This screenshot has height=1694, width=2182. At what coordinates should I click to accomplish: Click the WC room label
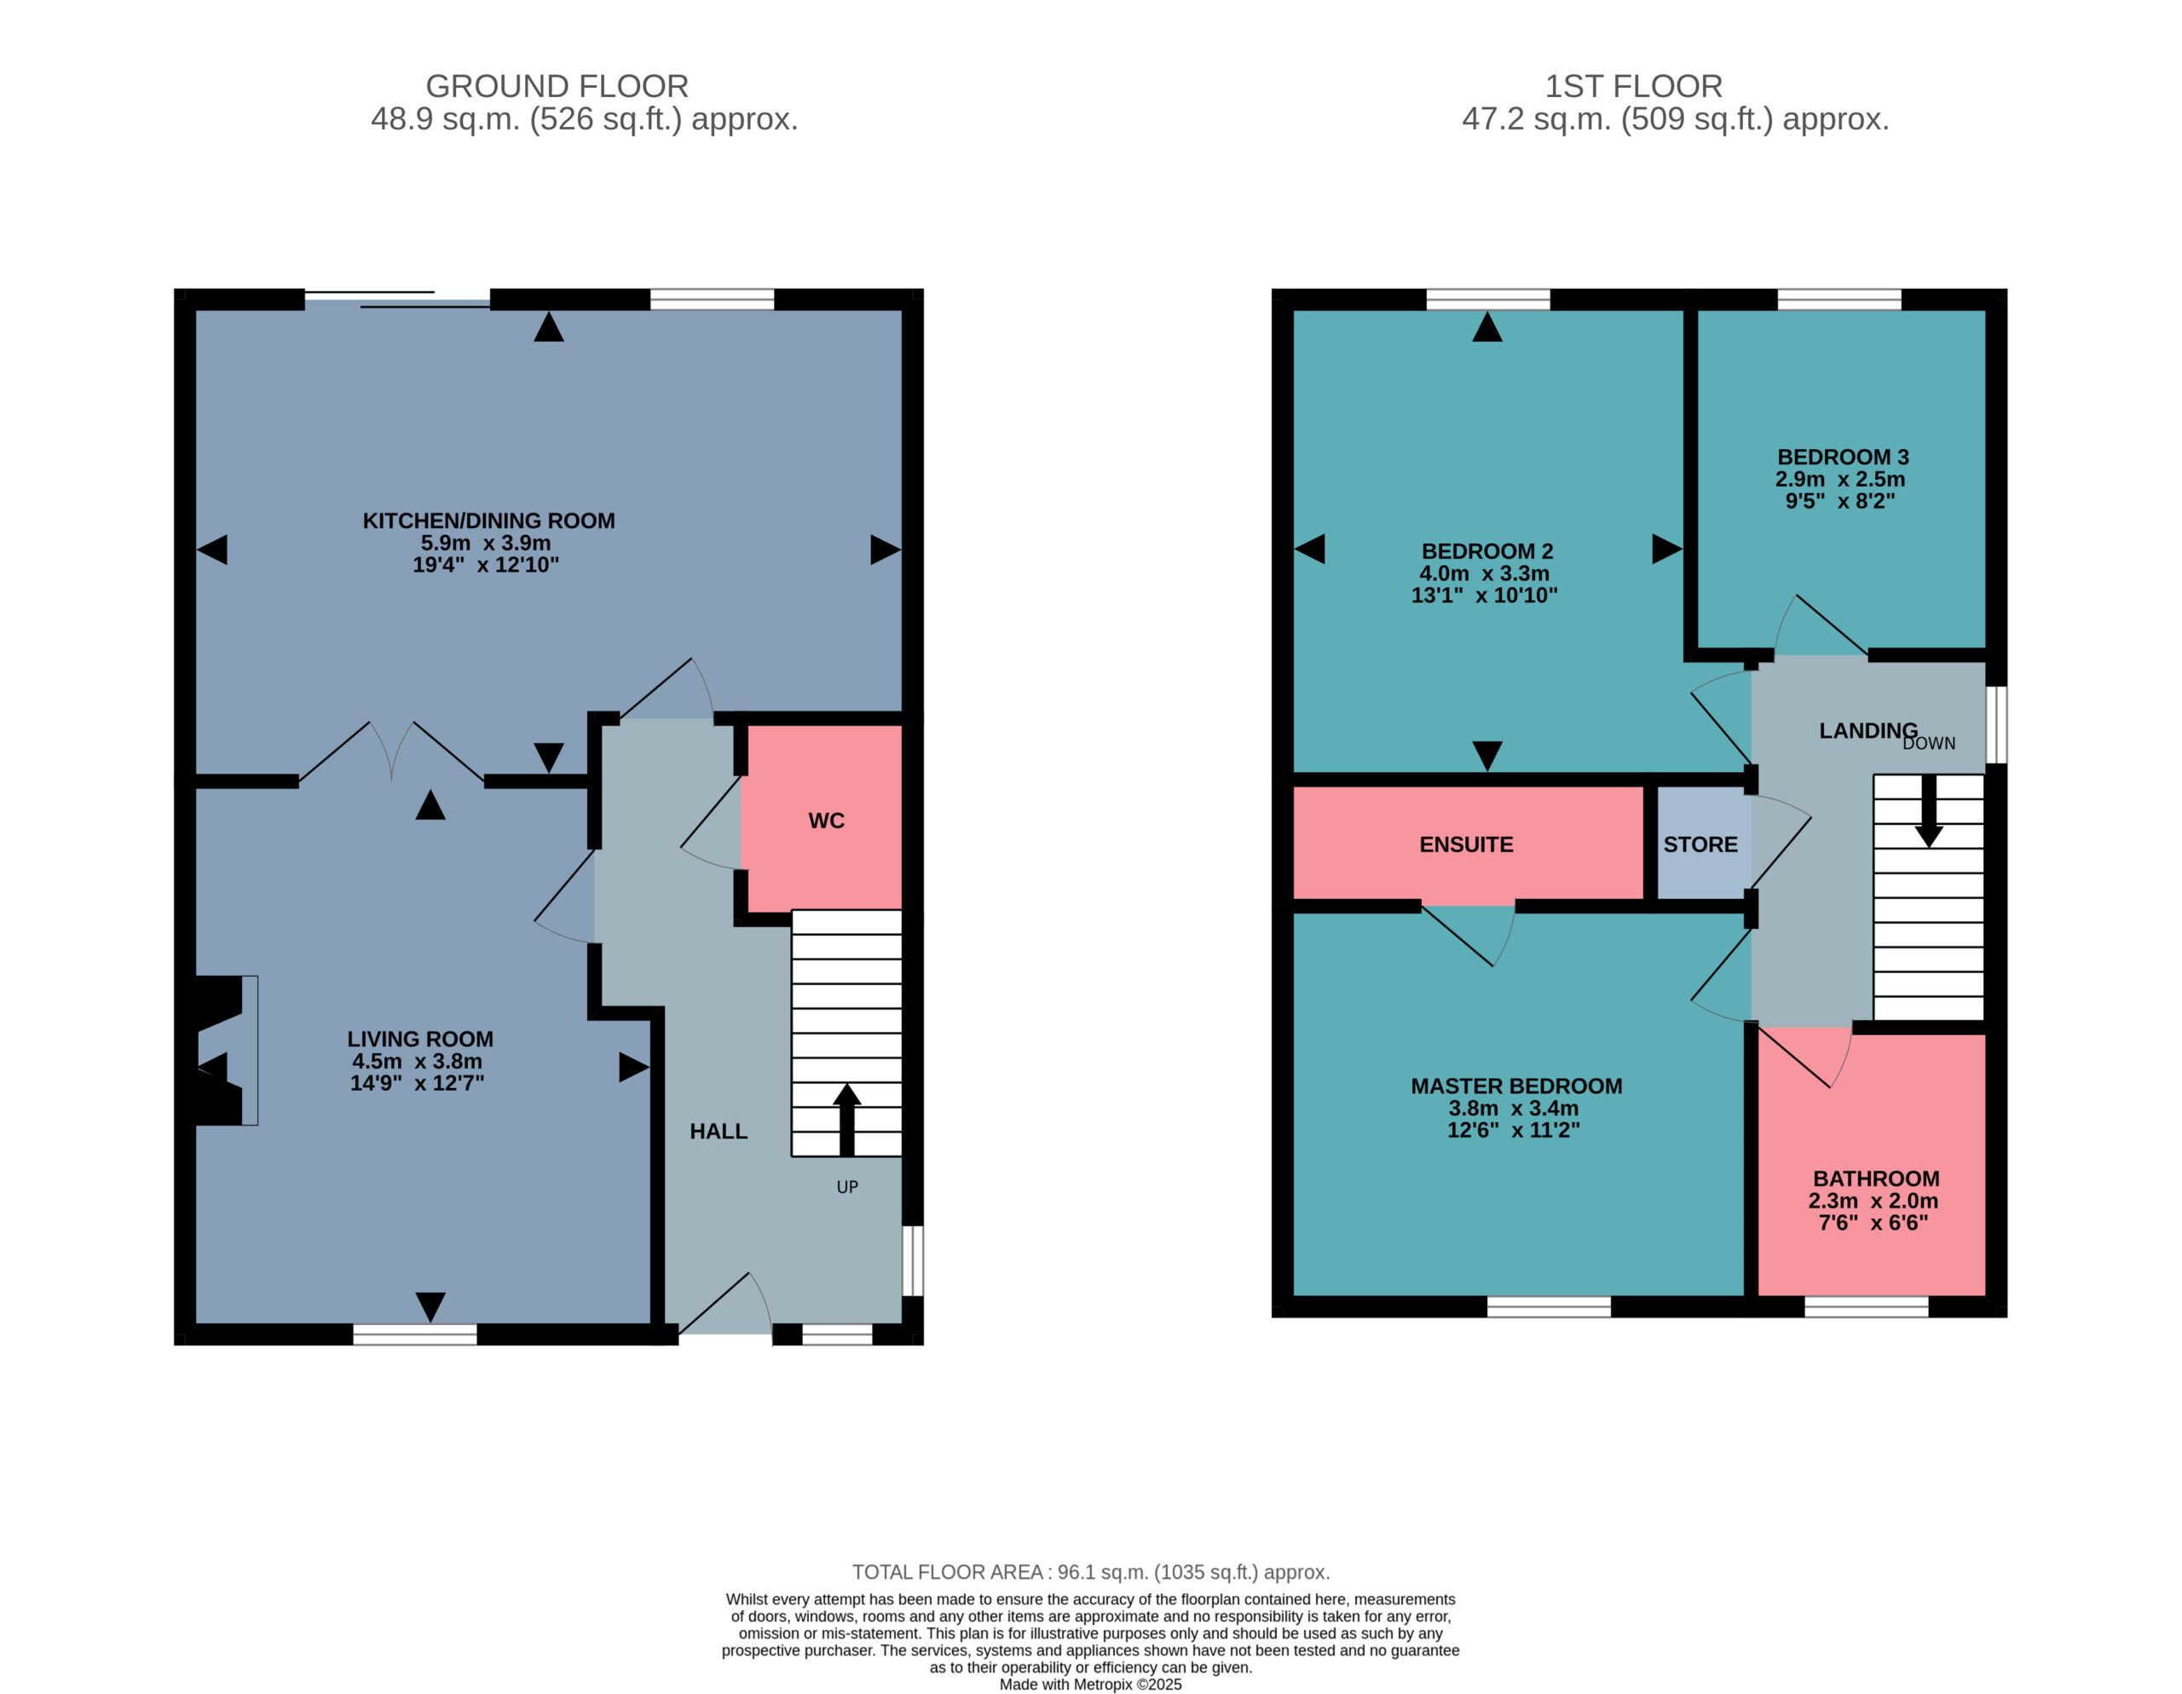[826, 821]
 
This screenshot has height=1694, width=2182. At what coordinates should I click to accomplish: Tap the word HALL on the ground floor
[719, 1132]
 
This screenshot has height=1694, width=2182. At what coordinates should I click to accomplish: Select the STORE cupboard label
[1700, 845]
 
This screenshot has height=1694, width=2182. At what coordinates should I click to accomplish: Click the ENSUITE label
[1467, 845]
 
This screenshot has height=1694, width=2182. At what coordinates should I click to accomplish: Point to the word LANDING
[1868, 731]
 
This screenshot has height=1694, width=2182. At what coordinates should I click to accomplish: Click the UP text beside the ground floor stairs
[847, 1187]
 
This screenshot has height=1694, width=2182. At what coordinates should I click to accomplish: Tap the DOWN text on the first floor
[1929, 744]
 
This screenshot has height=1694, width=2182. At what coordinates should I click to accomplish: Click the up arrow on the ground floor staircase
[846, 1120]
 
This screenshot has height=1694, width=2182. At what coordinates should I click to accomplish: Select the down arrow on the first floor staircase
[1929, 811]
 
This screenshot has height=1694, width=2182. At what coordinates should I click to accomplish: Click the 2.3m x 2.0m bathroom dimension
[1873, 1201]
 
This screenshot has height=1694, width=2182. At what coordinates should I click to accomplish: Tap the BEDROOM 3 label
[1844, 458]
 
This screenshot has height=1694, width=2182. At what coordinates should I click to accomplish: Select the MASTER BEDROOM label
[1516, 1086]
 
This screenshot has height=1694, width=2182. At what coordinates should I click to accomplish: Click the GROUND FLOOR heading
[557, 86]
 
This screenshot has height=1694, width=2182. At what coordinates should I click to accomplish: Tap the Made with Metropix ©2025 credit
[1091, 1684]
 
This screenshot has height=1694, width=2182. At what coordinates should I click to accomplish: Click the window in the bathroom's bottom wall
[1867, 1306]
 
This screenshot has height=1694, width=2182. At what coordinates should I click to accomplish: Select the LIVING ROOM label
[420, 1040]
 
